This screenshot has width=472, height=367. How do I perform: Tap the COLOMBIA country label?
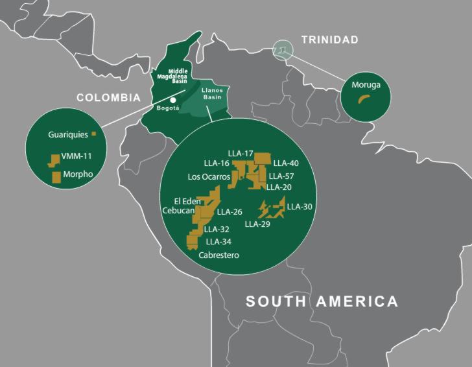[x=108, y=98]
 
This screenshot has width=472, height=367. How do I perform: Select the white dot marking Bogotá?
[x=173, y=100]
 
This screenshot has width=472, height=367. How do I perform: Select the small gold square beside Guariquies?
[x=93, y=134]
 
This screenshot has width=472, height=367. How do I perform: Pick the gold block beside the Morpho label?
[x=56, y=176]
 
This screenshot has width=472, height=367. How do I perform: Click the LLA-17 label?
[x=240, y=153]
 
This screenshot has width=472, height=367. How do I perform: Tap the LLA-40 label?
[x=286, y=163]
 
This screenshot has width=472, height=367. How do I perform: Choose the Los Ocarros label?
[x=209, y=176]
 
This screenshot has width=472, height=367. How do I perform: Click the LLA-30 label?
[x=300, y=207]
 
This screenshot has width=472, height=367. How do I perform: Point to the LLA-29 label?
[x=257, y=224]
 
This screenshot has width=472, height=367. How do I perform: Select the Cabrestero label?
[x=219, y=255]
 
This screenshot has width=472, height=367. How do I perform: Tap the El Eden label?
[x=187, y=201]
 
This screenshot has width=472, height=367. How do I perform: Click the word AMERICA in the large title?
[x=357, y=302]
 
